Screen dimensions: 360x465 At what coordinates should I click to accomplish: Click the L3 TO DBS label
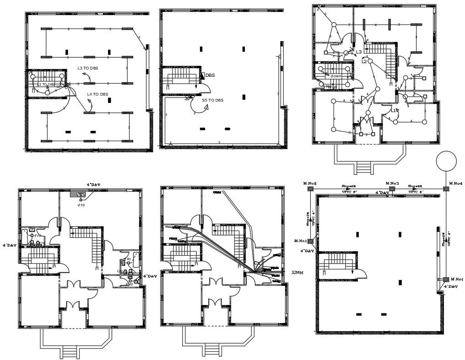(87, 68)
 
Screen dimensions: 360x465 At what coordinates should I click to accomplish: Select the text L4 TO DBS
(97, 94)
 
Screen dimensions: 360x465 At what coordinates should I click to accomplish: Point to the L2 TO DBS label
(46, 84)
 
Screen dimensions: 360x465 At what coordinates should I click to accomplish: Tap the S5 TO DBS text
(213, 100)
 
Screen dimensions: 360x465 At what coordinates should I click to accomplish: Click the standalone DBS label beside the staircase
(210, 75)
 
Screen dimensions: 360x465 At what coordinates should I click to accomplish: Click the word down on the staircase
(336, 76)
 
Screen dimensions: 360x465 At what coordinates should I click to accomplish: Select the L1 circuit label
(394, 111)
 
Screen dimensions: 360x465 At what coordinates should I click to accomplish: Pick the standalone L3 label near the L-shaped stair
(359, 52)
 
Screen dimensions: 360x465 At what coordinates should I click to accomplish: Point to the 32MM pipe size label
(297, 272)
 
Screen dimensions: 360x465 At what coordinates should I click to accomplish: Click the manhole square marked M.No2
(310, 188)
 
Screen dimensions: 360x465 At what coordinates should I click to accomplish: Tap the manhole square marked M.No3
(392, 188)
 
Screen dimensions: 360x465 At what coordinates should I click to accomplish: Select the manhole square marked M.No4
(446, 188)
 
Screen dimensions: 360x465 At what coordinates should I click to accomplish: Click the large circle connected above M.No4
(446, 161)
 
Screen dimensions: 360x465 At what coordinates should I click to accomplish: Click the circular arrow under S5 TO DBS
(200, 107)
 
